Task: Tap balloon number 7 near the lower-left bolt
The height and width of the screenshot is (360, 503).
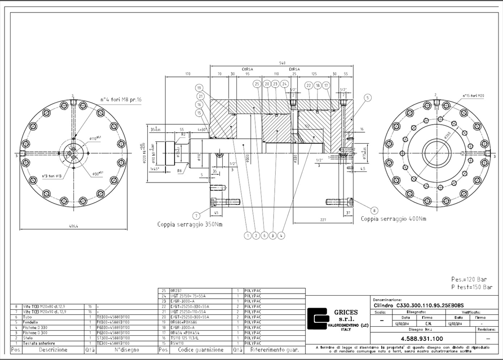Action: (x=197, y=216)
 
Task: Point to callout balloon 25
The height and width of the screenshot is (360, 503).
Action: (x=257, y=84)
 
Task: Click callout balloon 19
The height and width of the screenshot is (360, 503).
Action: (x=199, y=87)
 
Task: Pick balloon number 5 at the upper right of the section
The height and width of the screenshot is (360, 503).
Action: (x=368, y=98)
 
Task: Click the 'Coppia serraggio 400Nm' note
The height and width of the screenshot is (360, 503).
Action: (x=393, y=219)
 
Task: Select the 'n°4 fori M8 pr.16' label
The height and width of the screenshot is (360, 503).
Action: (x=121, y=100)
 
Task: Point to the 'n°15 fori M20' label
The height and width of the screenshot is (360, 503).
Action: (x=473, y=95)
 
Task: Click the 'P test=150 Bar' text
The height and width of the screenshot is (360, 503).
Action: (x=471, y=287)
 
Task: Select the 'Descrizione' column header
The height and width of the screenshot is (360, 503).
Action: (x=53, y=349)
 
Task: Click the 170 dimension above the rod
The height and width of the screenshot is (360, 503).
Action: (x=188, y=74)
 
